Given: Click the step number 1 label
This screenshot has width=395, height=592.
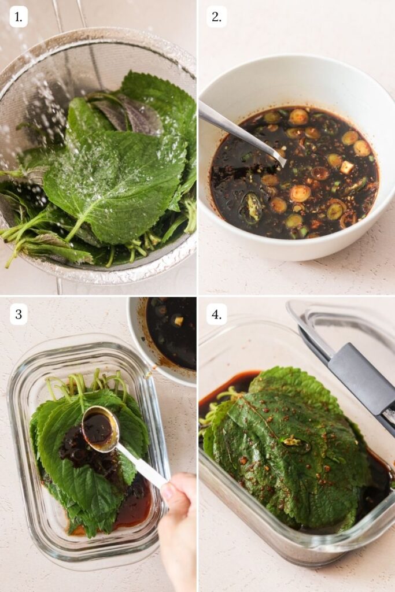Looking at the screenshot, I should (x=19, y=17).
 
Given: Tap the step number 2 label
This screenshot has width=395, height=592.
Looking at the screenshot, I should (x=216, y=17).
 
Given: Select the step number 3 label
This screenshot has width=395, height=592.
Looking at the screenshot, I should (x=19, y=314).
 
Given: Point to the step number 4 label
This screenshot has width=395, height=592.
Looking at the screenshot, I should (x=216, y=314).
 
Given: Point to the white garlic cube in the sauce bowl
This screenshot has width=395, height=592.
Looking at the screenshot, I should (x=347, y=167).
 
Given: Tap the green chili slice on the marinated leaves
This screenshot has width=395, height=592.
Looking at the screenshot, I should (x=296, y=443).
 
